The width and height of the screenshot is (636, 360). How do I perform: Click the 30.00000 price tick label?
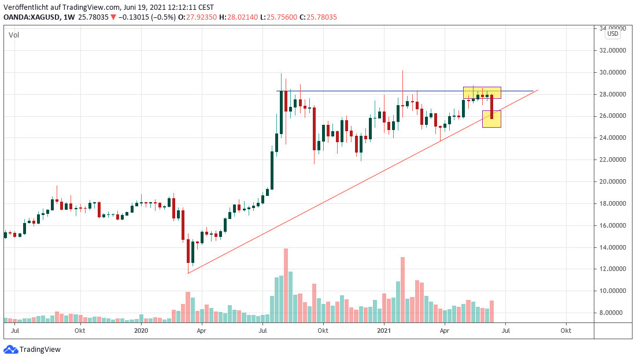click(613, 72)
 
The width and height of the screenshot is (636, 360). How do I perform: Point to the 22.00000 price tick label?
click(613, 159)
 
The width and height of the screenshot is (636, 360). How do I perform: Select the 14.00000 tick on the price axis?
click(613, 247)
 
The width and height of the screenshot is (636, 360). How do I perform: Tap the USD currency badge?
click(612, 34)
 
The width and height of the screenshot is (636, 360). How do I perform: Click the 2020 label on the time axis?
click(141, 331)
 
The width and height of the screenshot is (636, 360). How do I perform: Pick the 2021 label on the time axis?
click(384, 331)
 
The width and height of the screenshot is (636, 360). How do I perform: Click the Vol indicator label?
click(13, 35)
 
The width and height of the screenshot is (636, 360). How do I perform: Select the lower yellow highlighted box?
click(491, 119)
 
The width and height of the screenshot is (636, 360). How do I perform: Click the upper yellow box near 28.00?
click(482, 92)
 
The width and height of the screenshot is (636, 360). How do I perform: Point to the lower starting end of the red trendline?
click(188, 273)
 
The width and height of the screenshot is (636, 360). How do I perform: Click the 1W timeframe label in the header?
click(69, 17)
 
